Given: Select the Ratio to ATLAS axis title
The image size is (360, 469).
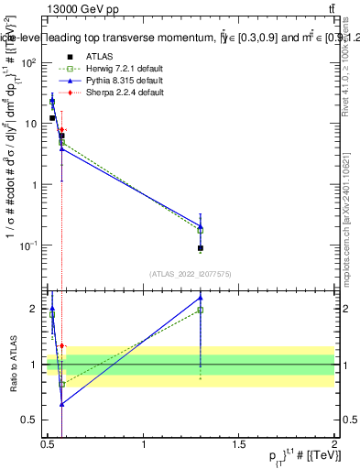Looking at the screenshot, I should click(12, 365).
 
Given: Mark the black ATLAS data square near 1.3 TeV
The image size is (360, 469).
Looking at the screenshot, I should click(201, 248).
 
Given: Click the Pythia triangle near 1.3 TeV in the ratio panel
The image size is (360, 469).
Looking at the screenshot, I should click(201, 298).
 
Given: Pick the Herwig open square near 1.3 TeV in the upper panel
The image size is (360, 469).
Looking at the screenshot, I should click(201, 231).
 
